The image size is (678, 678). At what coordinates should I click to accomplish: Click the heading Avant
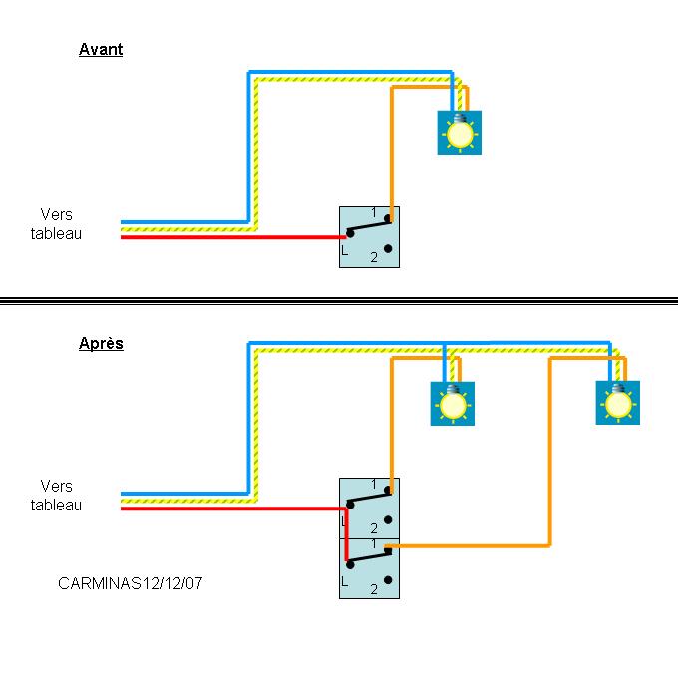coord(101,49)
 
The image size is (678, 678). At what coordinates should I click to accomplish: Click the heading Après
coord(101,344)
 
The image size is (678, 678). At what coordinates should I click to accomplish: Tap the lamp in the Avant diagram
coord(460,133)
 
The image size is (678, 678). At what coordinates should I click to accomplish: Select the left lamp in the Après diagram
coord(453,404)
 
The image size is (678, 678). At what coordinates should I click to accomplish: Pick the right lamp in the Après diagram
coord(618,403)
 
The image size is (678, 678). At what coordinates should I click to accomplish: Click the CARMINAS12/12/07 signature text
coord(131,583)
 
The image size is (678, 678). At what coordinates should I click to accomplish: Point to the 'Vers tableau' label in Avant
coord(56,224)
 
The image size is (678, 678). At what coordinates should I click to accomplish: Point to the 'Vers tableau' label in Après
coord(56,496)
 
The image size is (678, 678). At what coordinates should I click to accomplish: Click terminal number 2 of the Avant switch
coord(374,257)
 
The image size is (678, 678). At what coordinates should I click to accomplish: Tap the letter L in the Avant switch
coord(344,250)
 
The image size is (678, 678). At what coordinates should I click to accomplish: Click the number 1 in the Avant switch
coord(374,212)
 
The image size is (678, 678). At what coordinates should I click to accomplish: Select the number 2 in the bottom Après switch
coord(374,589)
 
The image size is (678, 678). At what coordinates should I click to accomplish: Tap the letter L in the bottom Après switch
coord(344,581)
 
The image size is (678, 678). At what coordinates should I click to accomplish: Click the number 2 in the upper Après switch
coord(374,528)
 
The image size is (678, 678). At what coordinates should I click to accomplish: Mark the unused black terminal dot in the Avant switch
coord(388,248)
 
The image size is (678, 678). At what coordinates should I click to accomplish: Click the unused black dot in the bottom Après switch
coord(388,580)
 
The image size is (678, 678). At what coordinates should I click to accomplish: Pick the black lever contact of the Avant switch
coord(369,226)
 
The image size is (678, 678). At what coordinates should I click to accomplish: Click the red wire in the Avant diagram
coord(233,237)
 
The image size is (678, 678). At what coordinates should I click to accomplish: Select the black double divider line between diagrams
coord(339,301)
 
